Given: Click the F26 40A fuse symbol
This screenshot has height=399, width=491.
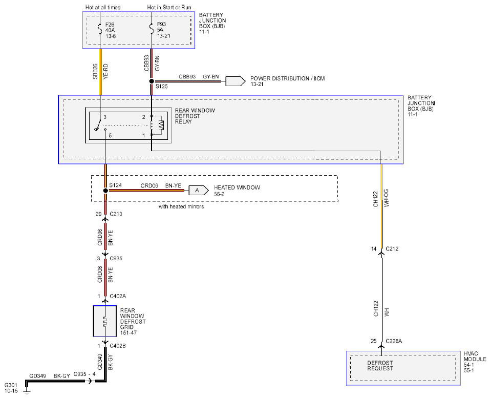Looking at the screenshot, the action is [x=100, y=29].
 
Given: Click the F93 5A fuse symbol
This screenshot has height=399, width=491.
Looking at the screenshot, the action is [x=152, y=29].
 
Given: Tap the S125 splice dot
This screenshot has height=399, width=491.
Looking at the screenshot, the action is [x=152, y=81].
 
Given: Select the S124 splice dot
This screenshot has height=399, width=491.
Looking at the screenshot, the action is [x=105, y=191].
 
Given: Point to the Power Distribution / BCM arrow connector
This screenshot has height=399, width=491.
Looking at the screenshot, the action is [x=236, y=81].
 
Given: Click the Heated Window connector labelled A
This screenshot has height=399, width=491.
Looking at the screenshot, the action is [x=199, y=190].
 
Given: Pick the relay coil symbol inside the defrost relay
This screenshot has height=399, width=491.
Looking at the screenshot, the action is [x=152, y=125].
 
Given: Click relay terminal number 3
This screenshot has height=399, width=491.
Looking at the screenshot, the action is [x=105, y=117].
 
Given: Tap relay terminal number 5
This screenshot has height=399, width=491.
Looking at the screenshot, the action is [x=110, y=136].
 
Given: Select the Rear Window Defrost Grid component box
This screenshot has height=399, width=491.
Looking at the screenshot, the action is [x=105, y=321].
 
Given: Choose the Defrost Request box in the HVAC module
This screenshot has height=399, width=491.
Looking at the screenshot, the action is [x=403, y=368].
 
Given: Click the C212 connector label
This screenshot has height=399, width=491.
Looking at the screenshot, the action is [x=392, y=249].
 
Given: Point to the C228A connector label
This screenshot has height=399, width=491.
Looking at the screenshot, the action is [x=394, y=341].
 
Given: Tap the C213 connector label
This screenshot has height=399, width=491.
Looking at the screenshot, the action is [x=116, y=214].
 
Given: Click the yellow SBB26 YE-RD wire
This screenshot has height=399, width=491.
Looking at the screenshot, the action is [x=100, y=72].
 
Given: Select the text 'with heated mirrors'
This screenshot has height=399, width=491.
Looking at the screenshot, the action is [x=181, y=207].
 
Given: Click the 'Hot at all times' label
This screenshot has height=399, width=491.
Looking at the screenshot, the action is [x=103, y=7].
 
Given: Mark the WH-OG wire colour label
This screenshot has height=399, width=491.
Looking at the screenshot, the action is [x=386, y=198].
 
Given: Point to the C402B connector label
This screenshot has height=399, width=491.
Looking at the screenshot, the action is [x=118, y=346].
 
